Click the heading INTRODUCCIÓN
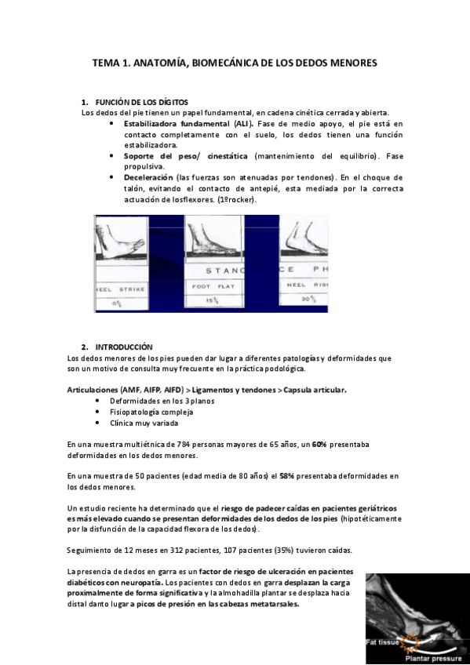tap(124, 346)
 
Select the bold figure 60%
tap(319, 445)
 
